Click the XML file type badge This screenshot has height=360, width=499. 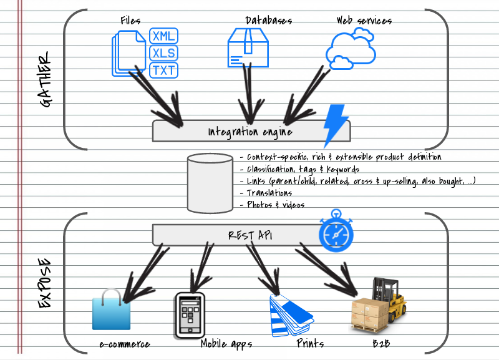coord(164,36)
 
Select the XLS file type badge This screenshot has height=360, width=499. coord(164,52)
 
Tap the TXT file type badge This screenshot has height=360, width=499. coord(164,69)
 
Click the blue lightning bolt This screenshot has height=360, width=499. coord(335,124)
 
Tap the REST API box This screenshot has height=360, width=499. coord(249,235)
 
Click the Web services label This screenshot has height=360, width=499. coord(364,21)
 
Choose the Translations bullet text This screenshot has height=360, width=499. coord(266,193)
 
